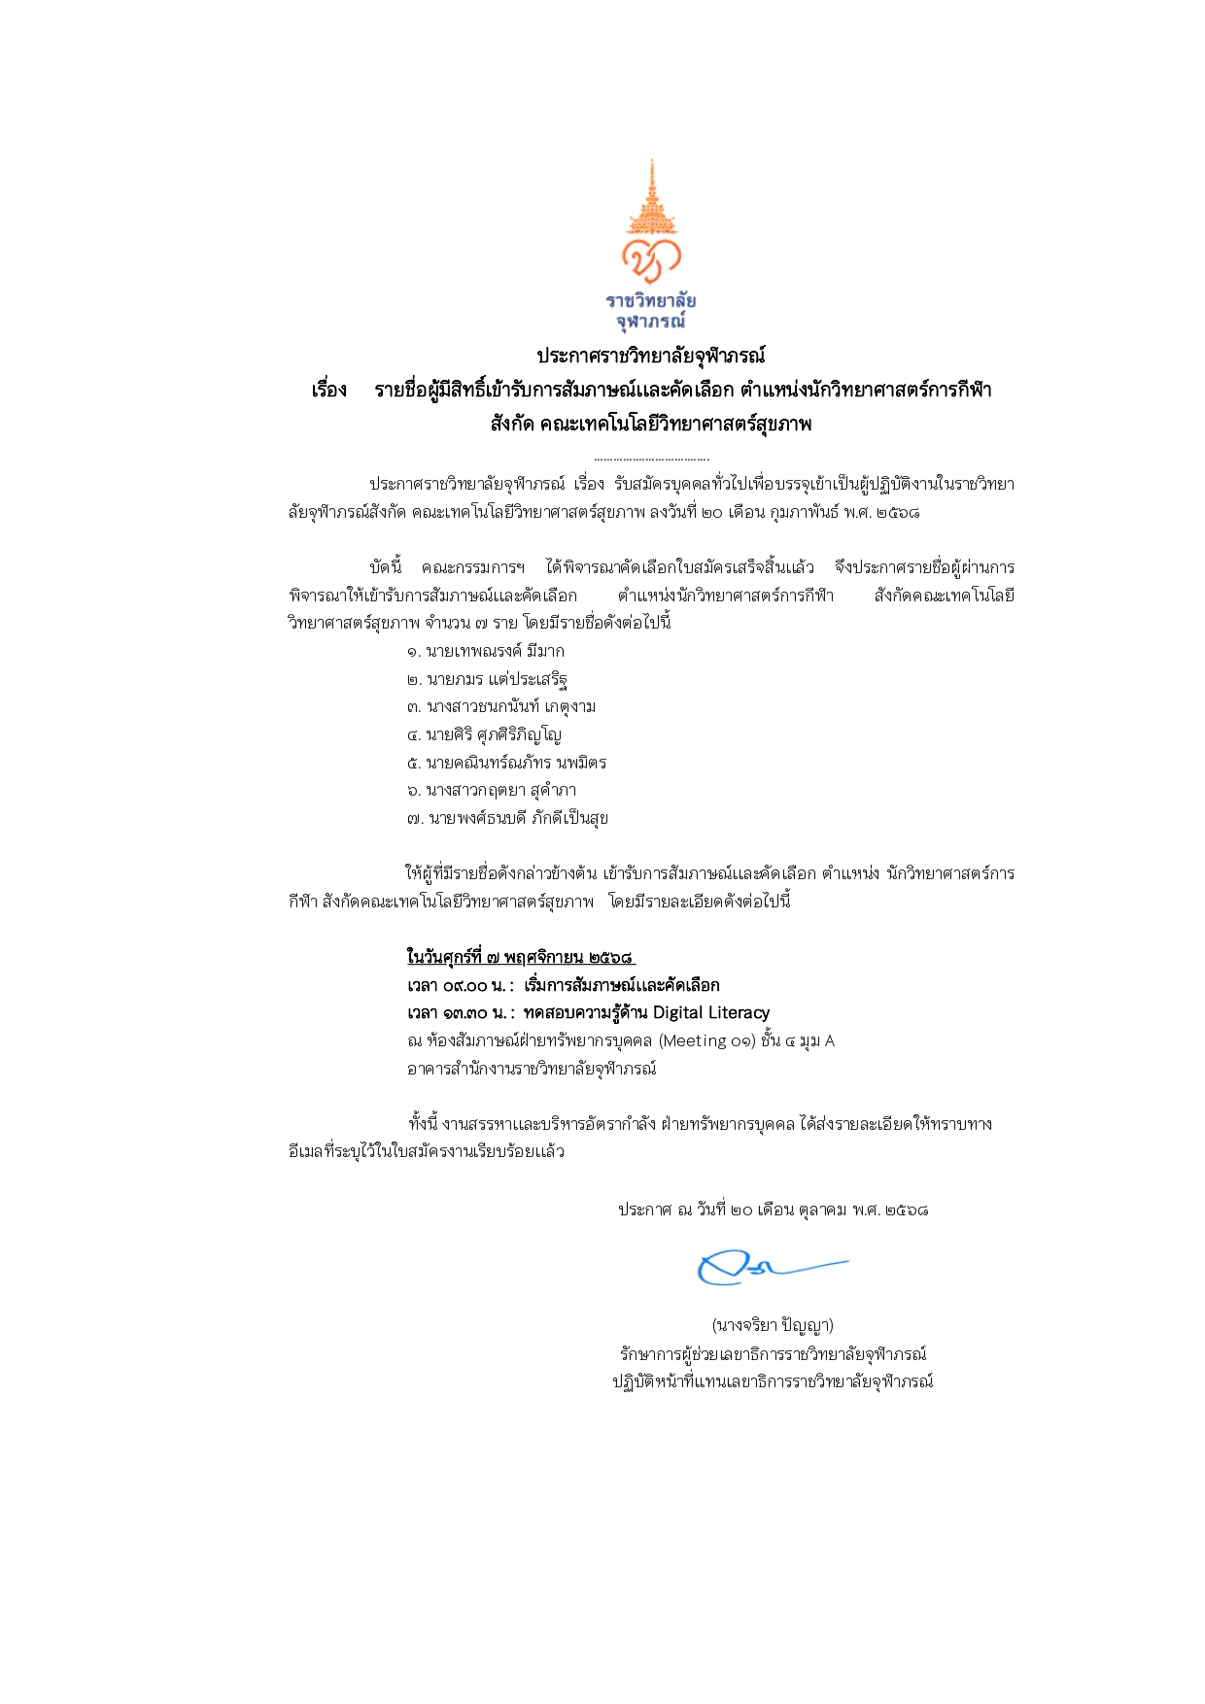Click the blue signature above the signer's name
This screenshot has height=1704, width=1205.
[x=768, y=1266]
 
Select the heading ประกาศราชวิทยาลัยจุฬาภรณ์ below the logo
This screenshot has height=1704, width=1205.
[x=650, y=356]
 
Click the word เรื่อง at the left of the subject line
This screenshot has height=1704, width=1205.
[x=329, y=391]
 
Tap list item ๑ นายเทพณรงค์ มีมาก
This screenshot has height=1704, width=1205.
[x=486, y=651]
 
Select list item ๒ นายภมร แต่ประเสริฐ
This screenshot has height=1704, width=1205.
[x=487, y=679]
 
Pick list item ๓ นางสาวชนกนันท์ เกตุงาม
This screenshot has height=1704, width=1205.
[x=501, y=706]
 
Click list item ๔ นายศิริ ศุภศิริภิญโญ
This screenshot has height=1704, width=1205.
[x=484, y=734]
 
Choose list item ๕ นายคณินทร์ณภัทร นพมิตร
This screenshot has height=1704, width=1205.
[x=506, y=763]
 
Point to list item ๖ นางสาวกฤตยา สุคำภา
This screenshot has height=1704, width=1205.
[x=492, y=790]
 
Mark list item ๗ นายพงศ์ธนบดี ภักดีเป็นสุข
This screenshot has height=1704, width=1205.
[x=507, y=818]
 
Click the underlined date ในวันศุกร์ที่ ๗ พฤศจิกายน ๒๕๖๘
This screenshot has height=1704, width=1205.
[x=521, y=957]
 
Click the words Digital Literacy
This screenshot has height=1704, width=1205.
[x=711, y=1013]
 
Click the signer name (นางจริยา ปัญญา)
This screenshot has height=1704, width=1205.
[x=773, y=1325]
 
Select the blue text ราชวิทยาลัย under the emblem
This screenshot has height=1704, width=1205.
[x=651, y=300]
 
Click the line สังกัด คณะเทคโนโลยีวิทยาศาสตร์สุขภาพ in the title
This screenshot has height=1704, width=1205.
[x=650, y=424]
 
